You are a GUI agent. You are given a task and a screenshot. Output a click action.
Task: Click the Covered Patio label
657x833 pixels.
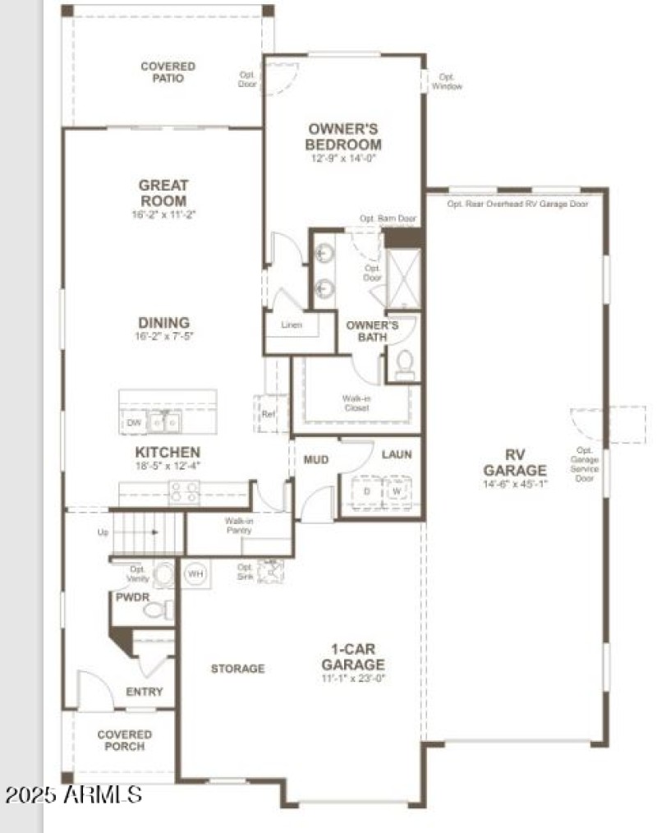click(168, 72)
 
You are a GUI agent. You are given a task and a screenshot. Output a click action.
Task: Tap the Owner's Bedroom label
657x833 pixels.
click(343, 136)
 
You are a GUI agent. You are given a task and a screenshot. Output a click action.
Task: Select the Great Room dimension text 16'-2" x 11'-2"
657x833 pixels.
click(163, 214)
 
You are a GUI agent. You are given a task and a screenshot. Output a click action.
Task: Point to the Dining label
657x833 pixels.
click(163, 323)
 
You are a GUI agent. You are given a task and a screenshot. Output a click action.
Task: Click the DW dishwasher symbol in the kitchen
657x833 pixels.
click(134, 423)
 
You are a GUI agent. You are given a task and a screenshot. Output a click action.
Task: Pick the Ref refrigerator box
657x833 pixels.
click(268, 414)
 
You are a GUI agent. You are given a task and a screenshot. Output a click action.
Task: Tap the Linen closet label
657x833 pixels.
click(292, 325)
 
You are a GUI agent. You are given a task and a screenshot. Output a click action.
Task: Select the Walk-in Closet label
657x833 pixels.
click(356, 403)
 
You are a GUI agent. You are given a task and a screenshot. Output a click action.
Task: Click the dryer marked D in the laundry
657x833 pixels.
click(366, 491)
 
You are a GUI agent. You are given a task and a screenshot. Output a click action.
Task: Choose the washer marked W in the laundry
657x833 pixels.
click(397, 491)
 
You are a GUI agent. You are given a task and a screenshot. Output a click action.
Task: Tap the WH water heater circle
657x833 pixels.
click(195, 573)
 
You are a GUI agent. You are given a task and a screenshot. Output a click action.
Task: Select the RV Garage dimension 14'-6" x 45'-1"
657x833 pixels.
click(514, 484)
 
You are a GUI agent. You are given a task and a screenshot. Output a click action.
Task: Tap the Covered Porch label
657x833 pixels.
click(125, 740)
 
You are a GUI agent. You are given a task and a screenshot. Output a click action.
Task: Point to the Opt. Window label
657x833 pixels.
click(447, 81)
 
